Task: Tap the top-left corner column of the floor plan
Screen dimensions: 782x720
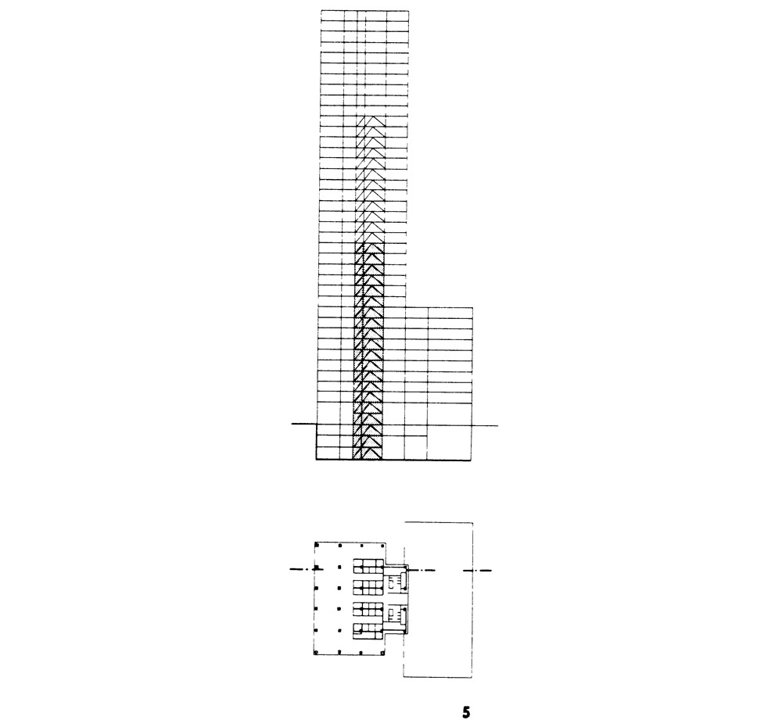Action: (316, 545)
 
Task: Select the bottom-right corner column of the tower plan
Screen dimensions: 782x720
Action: (383, 652)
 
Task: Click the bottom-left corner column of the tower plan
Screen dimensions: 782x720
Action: (316, 652)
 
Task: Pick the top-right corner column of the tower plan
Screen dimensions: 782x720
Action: (383, 545)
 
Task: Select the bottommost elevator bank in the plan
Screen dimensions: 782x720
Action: (368, 631)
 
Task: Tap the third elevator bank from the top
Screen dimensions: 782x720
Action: (368, 610)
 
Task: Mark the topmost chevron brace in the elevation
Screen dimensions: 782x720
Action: (371, 121)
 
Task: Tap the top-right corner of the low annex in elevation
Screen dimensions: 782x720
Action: (472, 308)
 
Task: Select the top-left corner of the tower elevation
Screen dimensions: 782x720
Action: (321, 10)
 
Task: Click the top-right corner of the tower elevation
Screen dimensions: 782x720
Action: (408, 10)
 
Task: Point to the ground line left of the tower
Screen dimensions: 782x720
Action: (304, 424)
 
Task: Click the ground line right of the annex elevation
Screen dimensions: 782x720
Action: (486, 425)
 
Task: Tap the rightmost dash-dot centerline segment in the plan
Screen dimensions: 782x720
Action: (477, 570)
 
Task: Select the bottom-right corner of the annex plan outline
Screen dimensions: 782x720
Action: (472, 677)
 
